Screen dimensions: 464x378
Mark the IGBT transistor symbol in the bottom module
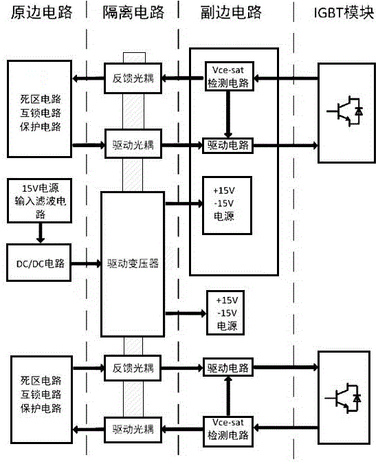pyautogui.click(x=345, y=398)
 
